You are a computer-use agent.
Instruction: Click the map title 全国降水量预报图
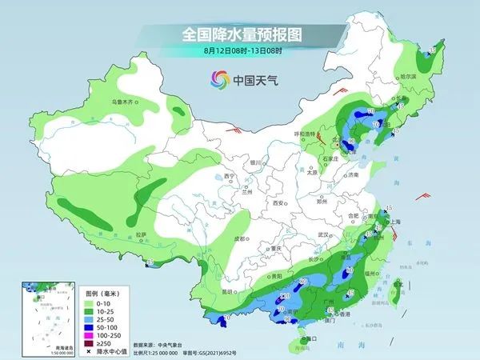pos(240,34)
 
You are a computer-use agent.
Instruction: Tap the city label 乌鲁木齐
pos(125,102)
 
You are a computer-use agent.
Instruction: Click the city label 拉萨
pos(141,234)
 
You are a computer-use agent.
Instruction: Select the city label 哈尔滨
pos(409,76)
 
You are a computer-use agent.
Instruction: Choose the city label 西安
pos(278,203)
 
